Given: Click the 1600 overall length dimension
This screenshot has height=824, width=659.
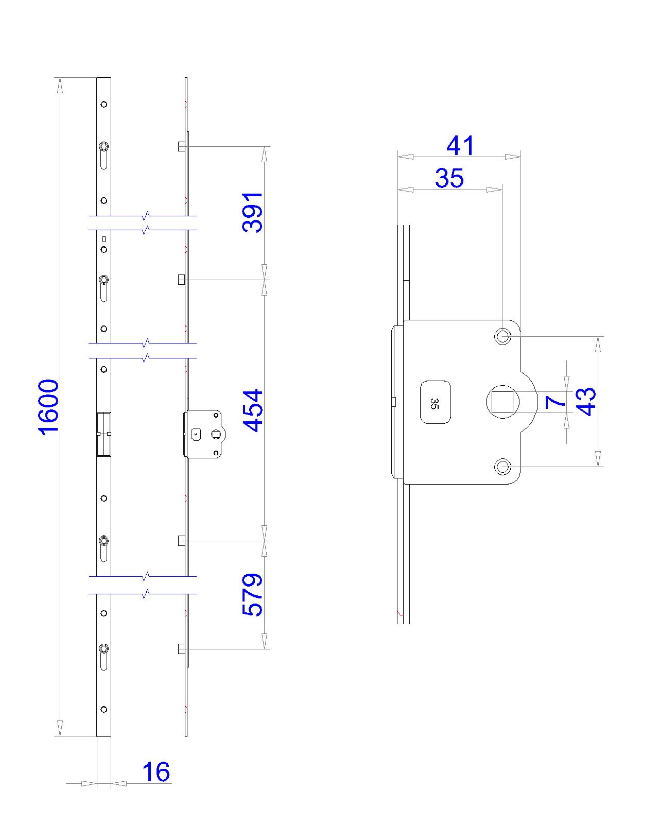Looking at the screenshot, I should (x=49, y=407).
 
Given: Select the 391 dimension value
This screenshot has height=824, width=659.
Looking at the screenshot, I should (x=253, y=213).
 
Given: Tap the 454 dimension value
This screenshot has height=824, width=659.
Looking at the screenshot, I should (x=253, y=410).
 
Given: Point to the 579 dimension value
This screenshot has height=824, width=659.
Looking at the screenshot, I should (x=253, y=595).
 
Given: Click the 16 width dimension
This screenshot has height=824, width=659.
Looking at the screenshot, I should (x=155, y=772).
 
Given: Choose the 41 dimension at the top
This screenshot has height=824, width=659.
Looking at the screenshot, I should (x=460, y=146).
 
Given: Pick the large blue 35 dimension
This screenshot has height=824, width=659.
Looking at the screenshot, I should (x=449, y=179).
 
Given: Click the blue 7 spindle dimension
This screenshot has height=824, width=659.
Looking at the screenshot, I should (x=555, y=402).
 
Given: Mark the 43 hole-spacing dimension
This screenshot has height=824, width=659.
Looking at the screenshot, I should (x=587, y=402).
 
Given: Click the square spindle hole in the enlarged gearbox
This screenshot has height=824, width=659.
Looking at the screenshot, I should (x=502, y=402).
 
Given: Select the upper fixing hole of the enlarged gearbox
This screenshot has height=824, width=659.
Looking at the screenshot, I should (x=502, y=337).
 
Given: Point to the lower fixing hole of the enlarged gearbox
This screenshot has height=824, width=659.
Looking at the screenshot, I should (x=502, y=467).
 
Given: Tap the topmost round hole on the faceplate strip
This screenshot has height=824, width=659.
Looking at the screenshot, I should (x=104, y=104).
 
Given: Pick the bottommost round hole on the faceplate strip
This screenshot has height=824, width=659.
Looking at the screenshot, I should (x=104, y=709).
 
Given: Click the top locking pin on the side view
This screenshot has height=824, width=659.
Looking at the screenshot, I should (x=181, y=147).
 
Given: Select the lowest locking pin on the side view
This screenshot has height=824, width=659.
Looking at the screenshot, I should (x=181, y=649).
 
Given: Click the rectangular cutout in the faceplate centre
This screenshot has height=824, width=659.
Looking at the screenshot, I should (x=103, y=434).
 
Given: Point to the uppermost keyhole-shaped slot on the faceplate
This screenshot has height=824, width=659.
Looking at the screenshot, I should (x=104, y=154).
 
